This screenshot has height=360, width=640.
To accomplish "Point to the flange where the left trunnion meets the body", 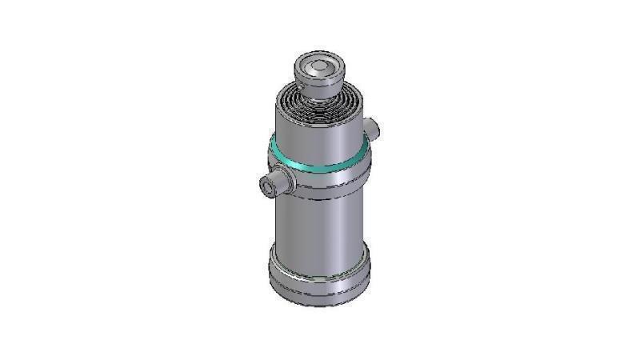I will [x=286, y=180].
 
